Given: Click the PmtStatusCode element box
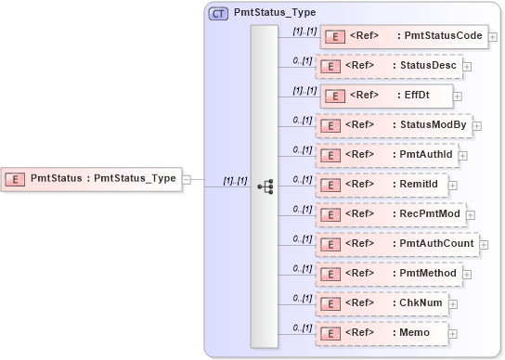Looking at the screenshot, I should (403, 37).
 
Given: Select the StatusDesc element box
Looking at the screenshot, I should (389, 66).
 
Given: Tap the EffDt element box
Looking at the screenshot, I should (385, 96).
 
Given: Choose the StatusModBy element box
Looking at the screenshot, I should (394, 125).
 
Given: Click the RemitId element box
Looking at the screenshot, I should (382, 185).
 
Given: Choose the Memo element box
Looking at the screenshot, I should (382, 333).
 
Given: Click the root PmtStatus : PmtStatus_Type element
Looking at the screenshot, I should (92, 178).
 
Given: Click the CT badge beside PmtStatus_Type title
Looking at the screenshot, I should (219, 13).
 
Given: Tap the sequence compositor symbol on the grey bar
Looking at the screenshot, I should (265, 186).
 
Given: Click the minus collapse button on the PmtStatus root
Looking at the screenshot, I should (187, 179).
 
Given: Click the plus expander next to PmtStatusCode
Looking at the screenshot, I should (492, 38).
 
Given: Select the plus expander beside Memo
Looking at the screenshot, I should (453, 334).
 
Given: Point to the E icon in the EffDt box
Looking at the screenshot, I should (332, 96).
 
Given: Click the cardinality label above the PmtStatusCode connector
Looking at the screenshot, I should (304, 30).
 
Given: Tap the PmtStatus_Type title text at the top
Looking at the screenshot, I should (275, 13).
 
